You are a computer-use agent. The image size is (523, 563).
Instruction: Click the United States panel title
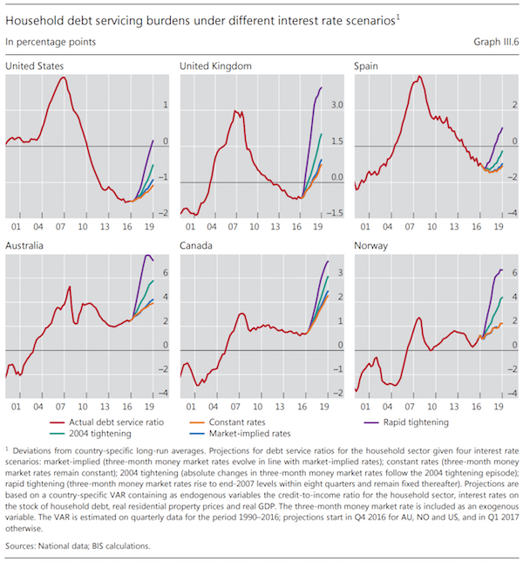[34, 65]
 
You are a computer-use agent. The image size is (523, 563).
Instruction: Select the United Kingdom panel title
[215, 65]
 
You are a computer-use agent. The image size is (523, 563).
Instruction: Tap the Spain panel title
[368, 65]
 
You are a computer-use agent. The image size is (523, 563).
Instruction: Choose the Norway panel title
[372, 245]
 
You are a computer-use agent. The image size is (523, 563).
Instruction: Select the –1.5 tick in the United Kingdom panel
[336, 214]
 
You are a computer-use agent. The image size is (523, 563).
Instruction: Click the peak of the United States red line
[63, 78]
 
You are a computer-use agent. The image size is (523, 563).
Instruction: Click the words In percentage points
[51, 41]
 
